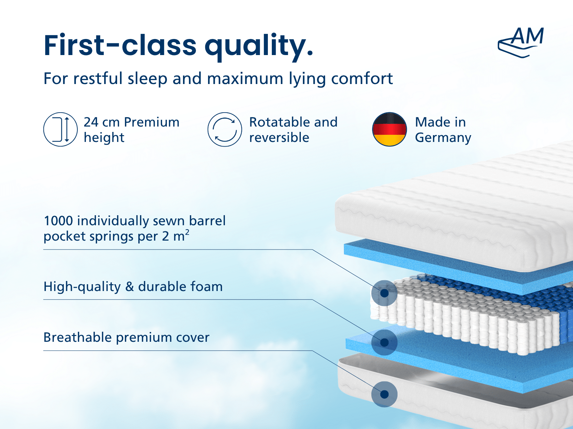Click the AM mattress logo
[521, 43]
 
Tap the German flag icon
[389, 129]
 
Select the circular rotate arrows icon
[225, 129]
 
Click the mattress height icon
[60, 129]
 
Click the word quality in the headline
[259, 46]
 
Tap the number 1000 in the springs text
[58, 221]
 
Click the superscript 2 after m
[187, 232]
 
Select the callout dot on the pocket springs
[384, 293]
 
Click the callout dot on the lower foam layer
[384, 342]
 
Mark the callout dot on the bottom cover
[384, 394]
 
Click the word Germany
[443, 138]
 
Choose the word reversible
[279, 137]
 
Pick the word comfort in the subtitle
[362, 78]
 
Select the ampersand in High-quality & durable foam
[130, 287]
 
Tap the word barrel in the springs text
[207, 221]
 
